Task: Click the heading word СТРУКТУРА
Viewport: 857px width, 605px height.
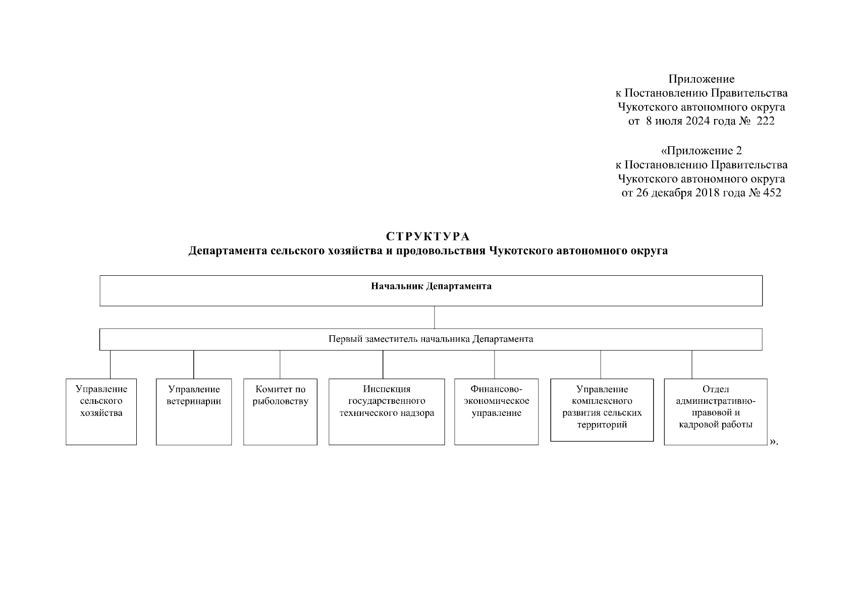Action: coord(427,236)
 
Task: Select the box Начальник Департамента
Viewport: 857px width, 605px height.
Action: coord(431,290)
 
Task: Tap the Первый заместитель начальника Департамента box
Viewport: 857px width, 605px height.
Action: coord(431,339)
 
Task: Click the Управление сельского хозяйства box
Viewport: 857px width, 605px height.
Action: coord(101,411)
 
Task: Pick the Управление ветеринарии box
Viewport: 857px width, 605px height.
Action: coord(194,411)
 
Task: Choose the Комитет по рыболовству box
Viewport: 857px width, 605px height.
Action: coord(280,411)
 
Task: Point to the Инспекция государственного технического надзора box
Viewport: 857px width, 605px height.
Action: coord(387,411)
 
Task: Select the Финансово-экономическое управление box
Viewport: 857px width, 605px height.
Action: coord(496,411)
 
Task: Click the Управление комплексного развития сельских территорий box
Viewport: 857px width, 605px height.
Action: coord(602,409)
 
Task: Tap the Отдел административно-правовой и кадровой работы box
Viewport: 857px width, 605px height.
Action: coord(715,411)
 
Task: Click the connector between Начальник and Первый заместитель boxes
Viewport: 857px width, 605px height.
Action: coord(435,318)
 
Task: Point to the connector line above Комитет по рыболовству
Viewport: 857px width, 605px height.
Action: coord(280,365)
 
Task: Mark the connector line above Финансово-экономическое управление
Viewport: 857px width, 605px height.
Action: coord(495,365)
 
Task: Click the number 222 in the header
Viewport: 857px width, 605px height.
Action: coord(765,122)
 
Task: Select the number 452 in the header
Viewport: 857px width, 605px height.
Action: coord(772,193)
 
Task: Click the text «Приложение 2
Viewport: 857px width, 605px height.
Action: coord(701,151)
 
